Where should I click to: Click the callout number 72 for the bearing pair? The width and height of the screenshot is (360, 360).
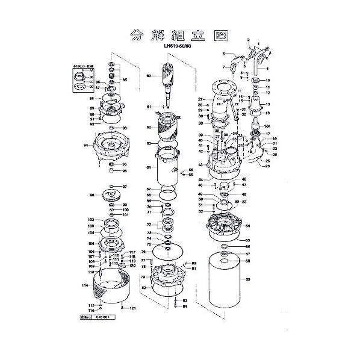tap(148, 223)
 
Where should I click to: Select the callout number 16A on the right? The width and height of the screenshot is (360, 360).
tap(267, 127)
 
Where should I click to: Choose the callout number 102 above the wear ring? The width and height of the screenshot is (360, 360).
tap(91, 220)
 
